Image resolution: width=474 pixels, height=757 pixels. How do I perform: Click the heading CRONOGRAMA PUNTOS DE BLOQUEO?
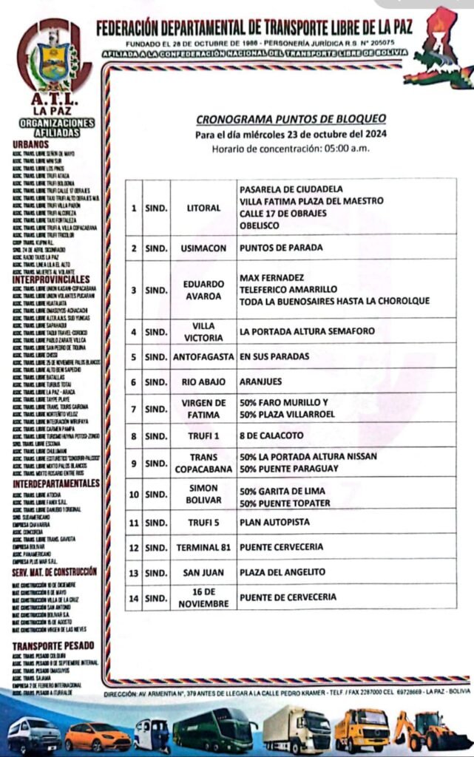tap(291, 119)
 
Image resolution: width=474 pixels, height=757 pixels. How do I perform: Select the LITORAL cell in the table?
tap(204, 208)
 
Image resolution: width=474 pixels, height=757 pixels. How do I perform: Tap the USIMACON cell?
tap(204, 248)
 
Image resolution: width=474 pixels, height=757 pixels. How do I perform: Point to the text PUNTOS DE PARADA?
tap(275, 248)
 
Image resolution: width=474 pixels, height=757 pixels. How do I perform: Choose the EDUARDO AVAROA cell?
tap(204, 290)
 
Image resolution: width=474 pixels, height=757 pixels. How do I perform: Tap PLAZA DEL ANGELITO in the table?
tap(282, 572)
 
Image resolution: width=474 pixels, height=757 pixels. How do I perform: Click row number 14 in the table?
tap(134, 597)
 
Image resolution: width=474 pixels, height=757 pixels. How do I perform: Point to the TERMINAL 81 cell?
tap(204, 548)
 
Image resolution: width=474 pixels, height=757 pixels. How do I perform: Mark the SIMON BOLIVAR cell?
tap(204, 495)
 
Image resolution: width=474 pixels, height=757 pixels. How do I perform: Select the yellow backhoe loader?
tap(431, 730)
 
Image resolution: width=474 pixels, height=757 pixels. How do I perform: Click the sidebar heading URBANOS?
tap(30, 144)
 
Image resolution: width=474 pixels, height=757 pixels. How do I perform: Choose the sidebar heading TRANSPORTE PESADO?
tap(53, 645)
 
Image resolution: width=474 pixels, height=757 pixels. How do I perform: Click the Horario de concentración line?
tap(291, 148)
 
